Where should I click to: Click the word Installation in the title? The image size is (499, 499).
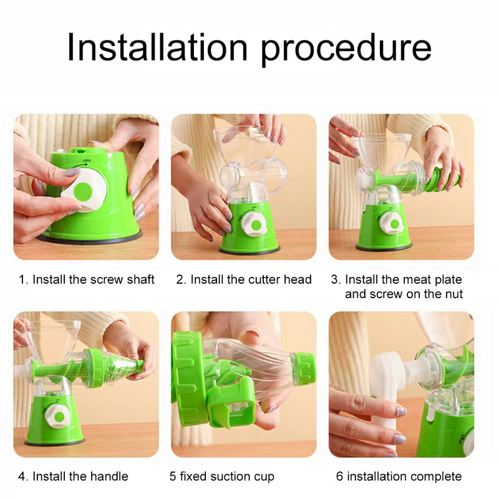click(157, 47)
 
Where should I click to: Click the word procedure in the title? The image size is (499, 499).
click(346, 50)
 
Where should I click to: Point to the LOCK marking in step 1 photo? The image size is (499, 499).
click(87, 160)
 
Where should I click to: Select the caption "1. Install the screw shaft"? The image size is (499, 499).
click(87, 279)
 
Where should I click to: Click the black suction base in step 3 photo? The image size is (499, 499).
click(384, 247)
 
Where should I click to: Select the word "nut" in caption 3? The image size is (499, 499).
click(454, 294)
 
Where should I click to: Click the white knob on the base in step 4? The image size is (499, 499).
click(59, 416)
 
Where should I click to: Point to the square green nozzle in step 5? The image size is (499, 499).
click(232, 404)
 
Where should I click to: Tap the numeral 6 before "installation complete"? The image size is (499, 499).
click(339, 477)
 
